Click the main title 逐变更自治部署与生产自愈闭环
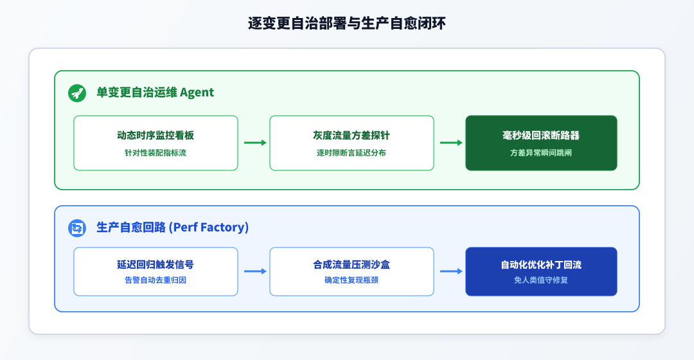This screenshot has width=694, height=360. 346,23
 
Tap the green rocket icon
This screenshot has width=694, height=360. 77,93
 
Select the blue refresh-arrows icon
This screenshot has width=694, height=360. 77,228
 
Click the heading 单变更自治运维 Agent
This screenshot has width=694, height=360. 155,92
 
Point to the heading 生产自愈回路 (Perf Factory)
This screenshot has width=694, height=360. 173,227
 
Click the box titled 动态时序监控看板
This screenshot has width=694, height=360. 156,143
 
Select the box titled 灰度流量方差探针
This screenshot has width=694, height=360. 351,143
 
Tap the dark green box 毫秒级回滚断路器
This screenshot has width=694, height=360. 541,143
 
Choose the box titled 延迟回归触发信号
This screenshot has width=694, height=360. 156,271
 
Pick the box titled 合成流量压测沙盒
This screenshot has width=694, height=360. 351,271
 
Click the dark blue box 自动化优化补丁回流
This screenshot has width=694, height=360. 541,271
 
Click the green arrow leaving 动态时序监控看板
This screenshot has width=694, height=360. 255,143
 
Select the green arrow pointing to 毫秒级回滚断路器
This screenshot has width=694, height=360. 452,143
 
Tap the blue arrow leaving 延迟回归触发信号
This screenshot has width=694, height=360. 255,271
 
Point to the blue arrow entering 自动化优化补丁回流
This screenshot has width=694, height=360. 452,271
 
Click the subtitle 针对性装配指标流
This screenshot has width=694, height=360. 156,153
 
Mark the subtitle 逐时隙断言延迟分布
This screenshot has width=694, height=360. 351,153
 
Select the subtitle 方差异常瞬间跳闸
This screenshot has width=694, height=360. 541,153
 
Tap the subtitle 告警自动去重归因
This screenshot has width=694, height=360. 156,280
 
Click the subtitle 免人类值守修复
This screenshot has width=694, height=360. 541,280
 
